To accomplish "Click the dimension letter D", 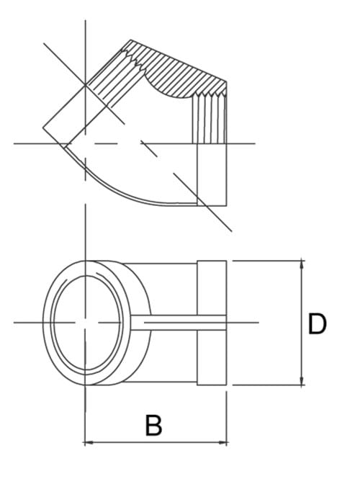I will pos(317,323).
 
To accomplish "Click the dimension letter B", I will pos(153,425).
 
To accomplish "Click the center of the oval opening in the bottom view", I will pos(86,322).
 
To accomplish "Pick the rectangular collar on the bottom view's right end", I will pos(212,322).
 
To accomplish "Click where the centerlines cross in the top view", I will pos(86,143).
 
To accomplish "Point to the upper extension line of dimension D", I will pos(266,260).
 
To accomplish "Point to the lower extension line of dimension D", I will pos(266,385).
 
